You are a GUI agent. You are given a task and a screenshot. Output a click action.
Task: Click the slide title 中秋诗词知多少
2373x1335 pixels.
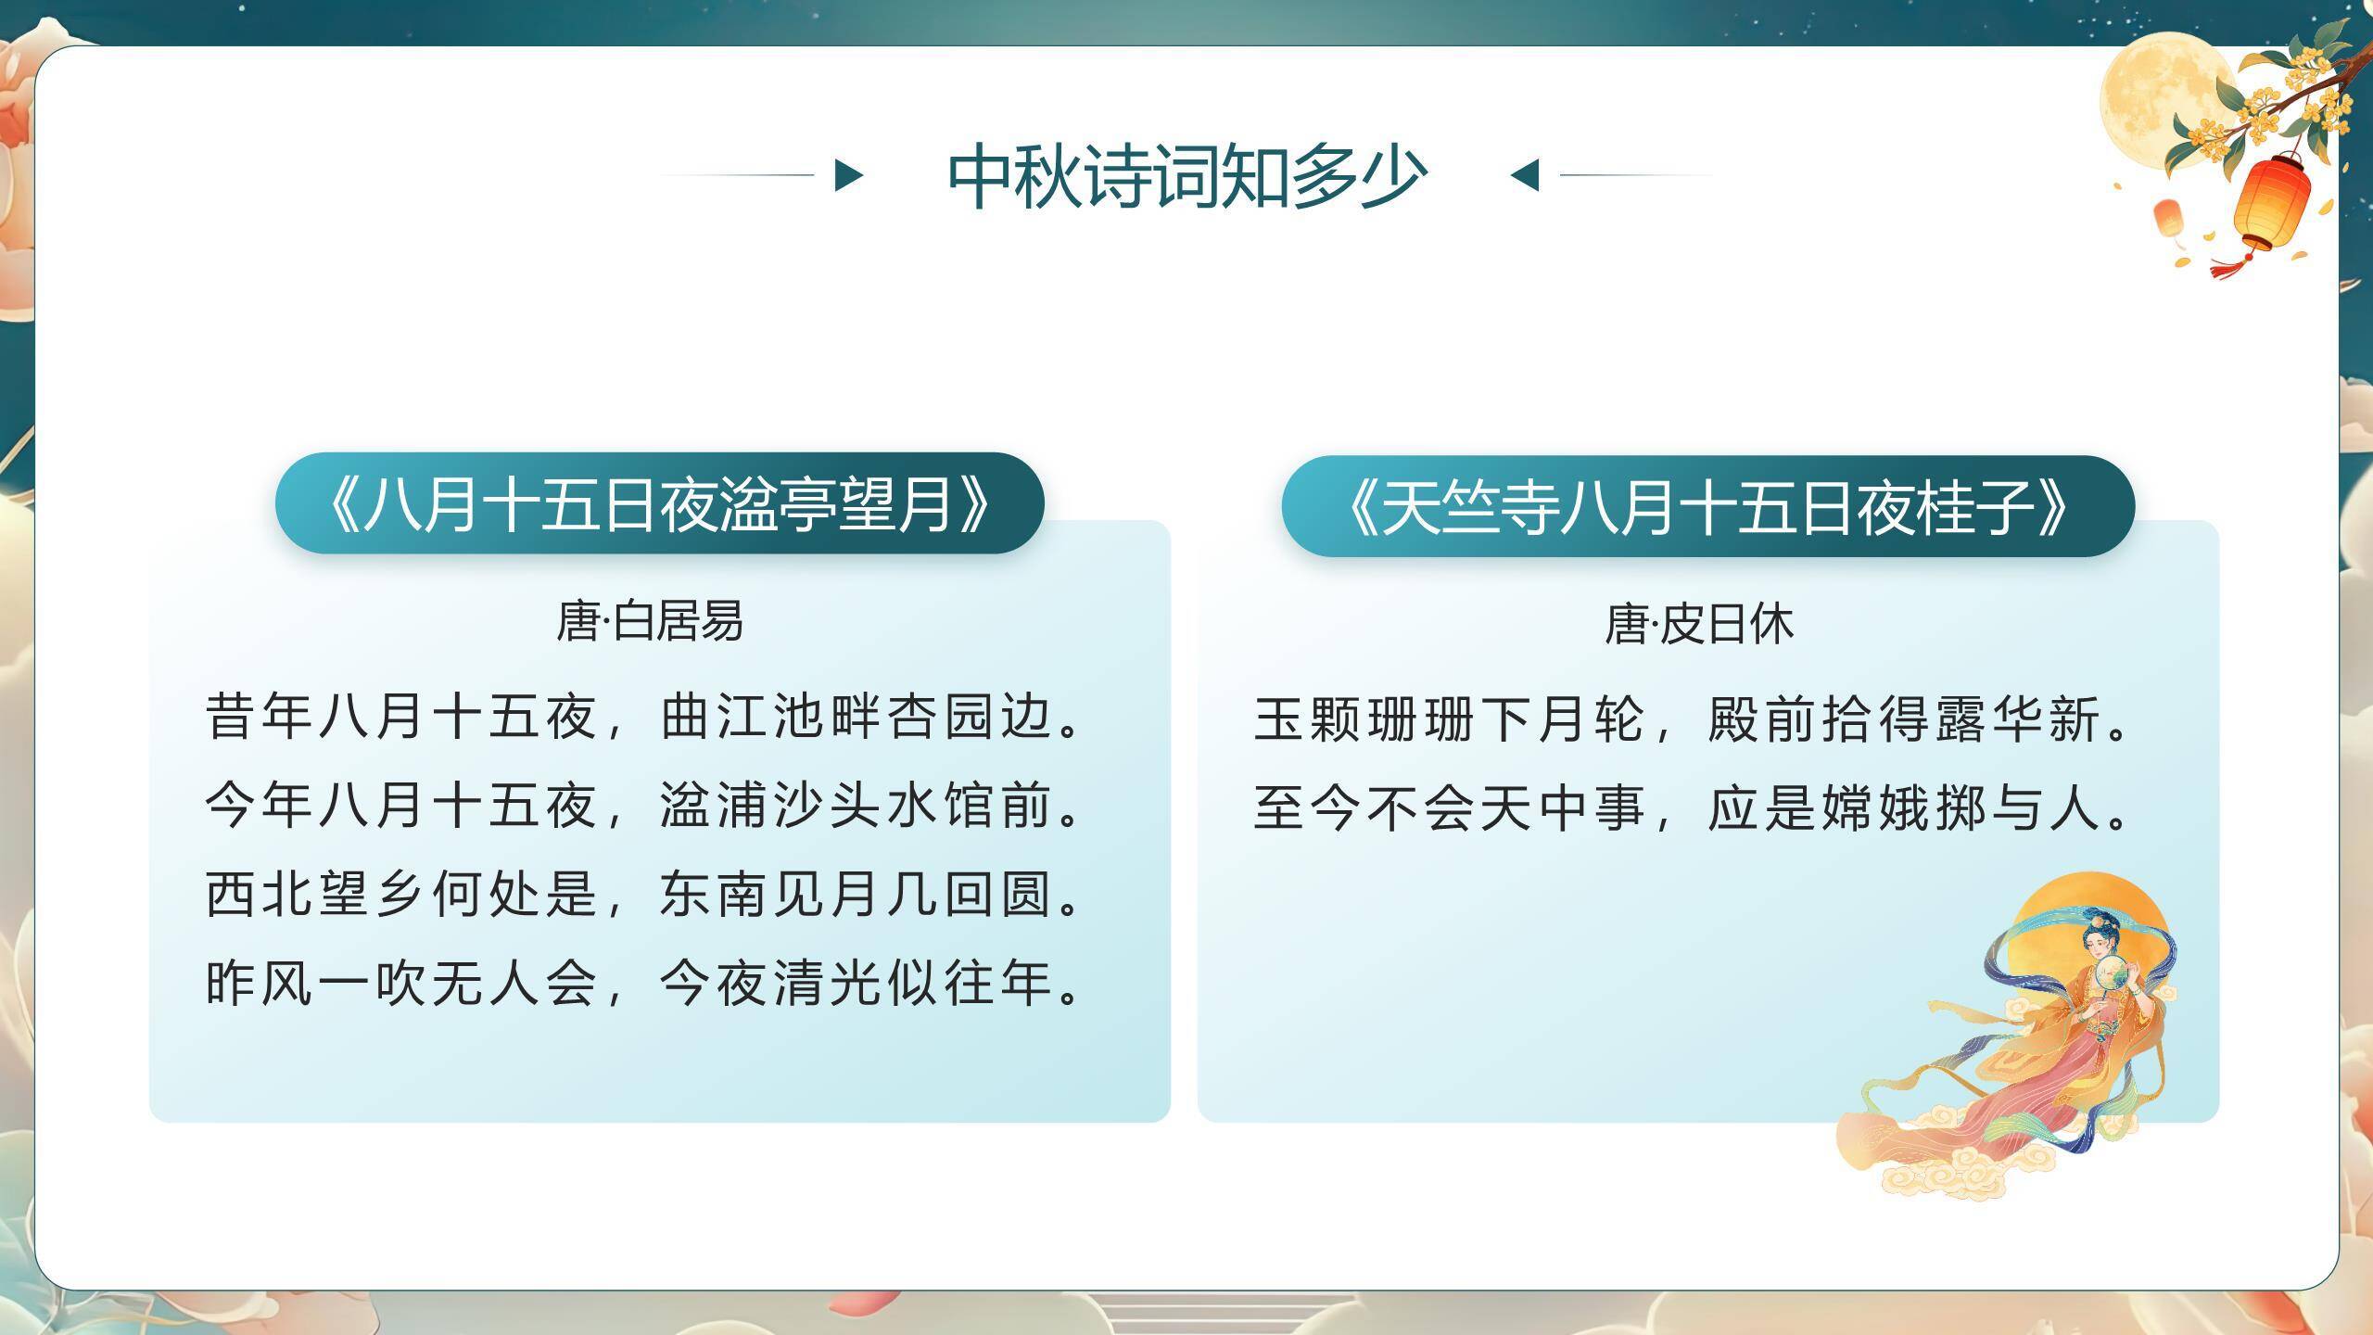pyautogui.click(x=1186, y=176)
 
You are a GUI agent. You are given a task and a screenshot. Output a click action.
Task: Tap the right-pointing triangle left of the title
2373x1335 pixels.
pyautogui.click(x=847, y=174)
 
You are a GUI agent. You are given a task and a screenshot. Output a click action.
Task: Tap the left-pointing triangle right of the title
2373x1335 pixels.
pyautogui.click(x=1526, y=174)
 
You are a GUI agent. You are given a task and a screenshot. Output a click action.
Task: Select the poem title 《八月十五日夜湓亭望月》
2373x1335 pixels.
pyautogui.click(x=659, y=505)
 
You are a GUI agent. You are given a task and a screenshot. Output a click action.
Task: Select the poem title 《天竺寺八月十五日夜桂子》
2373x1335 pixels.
pyautogui.click(x=1707, y=507)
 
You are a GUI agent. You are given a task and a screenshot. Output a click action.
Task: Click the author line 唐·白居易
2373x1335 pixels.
pyautogui.click(x=649, y=621)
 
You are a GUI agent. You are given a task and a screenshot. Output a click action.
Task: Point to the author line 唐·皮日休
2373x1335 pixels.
pyautogui.click(x=1698, y=624)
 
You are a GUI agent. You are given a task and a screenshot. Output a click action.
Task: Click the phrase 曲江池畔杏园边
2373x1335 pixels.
pyautogui.click(x=871, y=717)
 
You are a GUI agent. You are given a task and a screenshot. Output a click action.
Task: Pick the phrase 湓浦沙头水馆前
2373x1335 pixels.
pyautogui.click(x=871, y=805)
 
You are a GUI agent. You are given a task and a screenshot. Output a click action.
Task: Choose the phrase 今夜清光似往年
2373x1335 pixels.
pyautogui.click(x=871, y=983)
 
